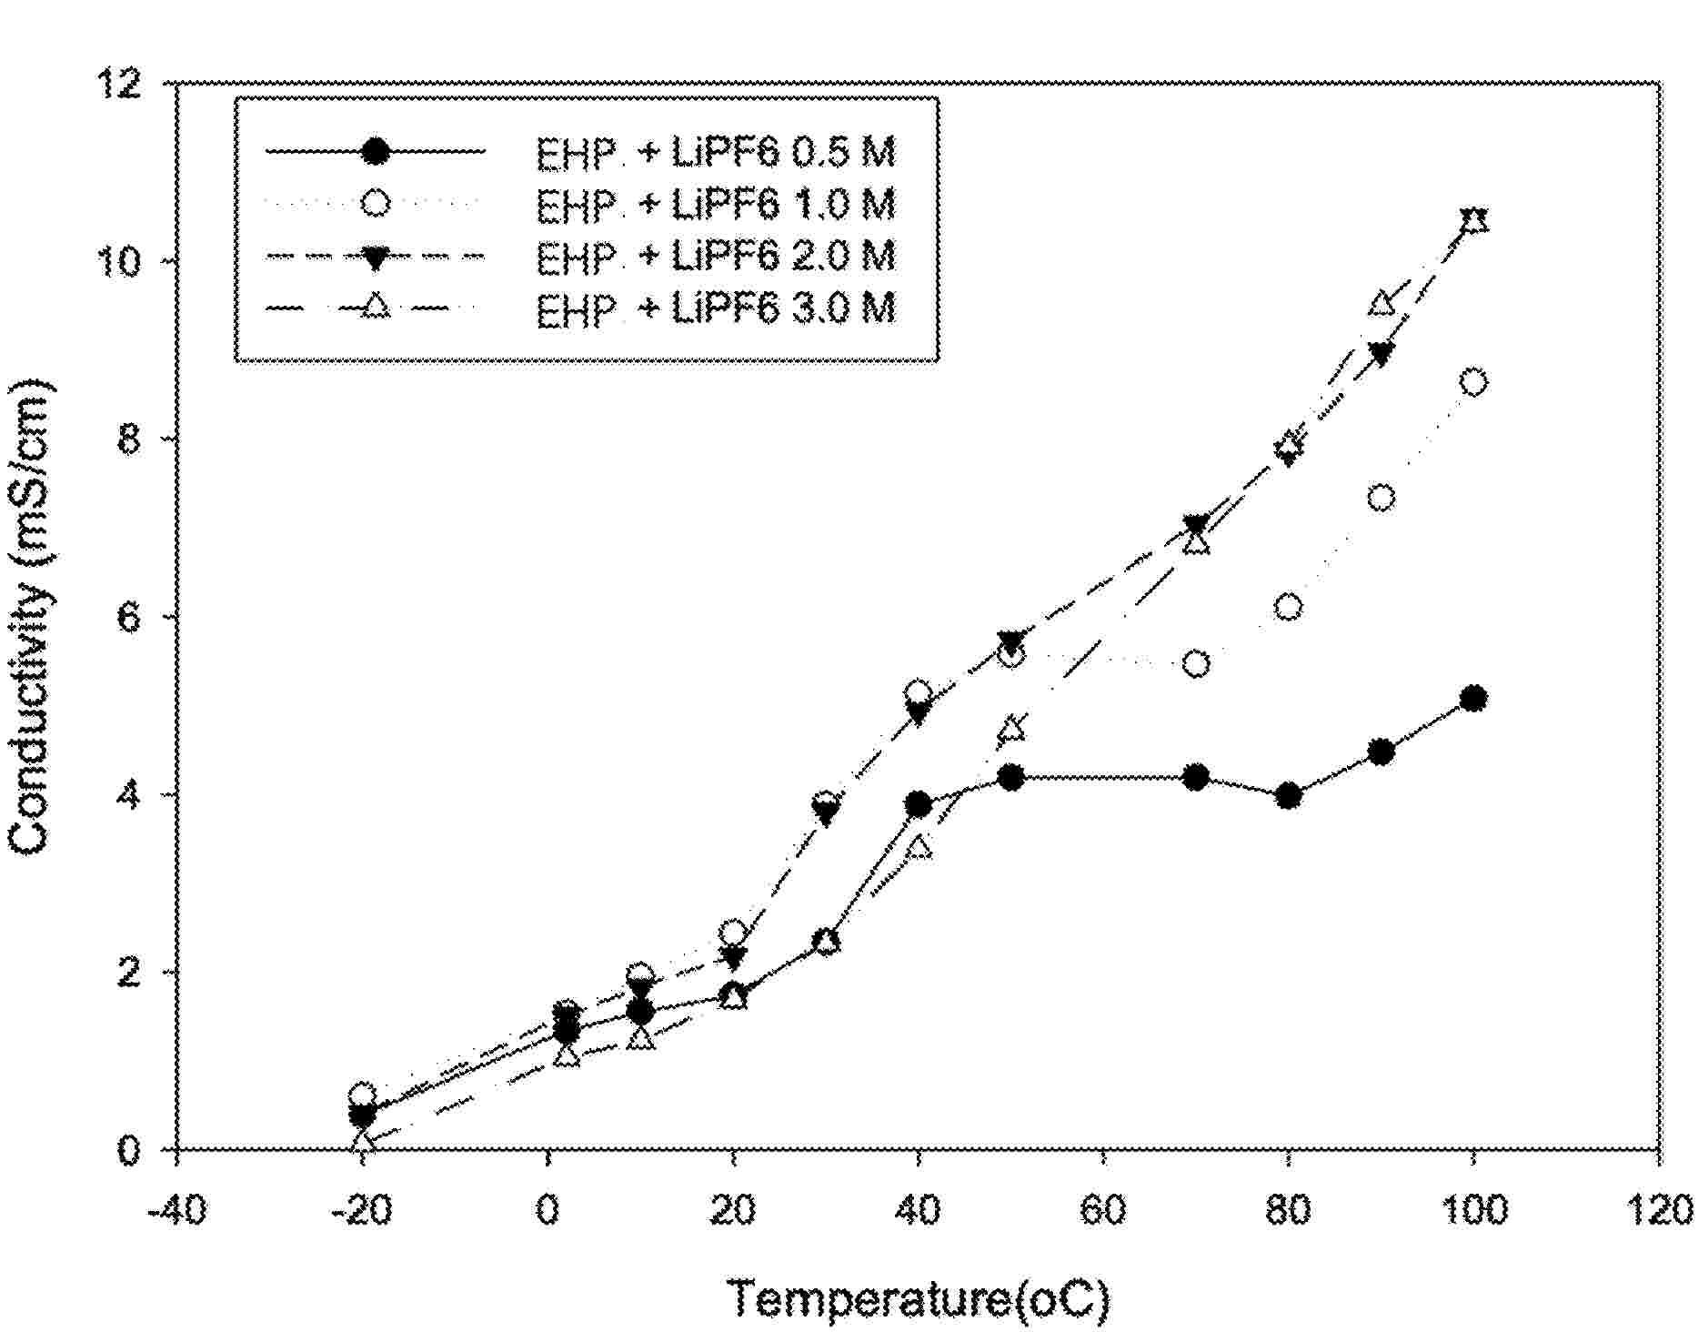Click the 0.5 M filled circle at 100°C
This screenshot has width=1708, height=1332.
click(x=1472, y=699)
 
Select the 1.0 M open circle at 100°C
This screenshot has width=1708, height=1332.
click(x=1472, y=382)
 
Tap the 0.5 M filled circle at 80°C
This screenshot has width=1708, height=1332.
click(x=1288, y=796)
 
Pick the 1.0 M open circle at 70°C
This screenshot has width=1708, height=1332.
click(x=1196, y=664)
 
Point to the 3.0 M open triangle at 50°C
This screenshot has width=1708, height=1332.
click(x=1011, y=730)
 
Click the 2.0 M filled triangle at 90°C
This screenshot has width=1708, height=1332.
click(x=1381, y=354)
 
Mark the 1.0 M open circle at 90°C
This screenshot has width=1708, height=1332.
click(x=1381, y=498)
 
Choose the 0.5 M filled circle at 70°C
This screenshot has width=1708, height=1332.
click(x=1196, y=777)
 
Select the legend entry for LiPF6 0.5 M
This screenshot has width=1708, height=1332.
click(x=715, y=152)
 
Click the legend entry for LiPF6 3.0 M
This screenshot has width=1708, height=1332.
click(x=715, y=309)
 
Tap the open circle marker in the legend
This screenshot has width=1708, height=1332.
click(x=375, y=203)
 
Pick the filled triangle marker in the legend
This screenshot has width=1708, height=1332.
click(x=375, y=257)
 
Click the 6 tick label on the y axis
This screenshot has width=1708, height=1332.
click(x=132, y=617)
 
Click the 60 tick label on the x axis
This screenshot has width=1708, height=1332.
click(x=1103, y=1211)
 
